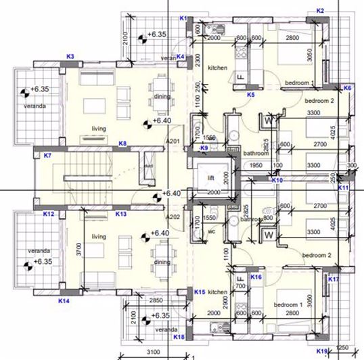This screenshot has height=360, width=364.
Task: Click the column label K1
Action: pos(183,18)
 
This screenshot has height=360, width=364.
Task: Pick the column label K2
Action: pos(321,10)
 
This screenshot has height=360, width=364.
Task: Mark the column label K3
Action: pos(70,55)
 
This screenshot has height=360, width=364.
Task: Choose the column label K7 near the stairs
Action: pos(47,156)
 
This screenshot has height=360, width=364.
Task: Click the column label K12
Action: pos(49,214)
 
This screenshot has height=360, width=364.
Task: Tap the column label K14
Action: pos(64,300)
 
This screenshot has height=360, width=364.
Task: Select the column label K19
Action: pos(322,351)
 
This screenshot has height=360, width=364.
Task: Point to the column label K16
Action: pos(256,277)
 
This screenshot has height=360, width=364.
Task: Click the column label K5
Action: pos(250,95)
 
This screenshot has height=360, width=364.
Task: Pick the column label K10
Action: pos(277,181)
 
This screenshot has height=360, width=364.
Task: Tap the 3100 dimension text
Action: pos(154,352)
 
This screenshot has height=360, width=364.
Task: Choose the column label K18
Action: pos(179,336)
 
